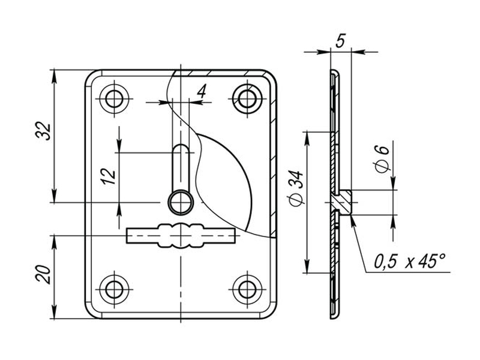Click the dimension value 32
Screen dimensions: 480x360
tap(43, 131)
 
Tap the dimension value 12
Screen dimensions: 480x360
tap(109, 176)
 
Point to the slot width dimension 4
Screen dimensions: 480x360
tap(202, 91)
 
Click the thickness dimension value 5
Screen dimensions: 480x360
tap(340, 40)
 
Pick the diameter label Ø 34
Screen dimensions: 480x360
tap(296, 187)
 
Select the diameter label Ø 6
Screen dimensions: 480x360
tap(382, 158)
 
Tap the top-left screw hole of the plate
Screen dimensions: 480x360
tap(115, 98)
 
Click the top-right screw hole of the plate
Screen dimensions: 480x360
tap(247, 98)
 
